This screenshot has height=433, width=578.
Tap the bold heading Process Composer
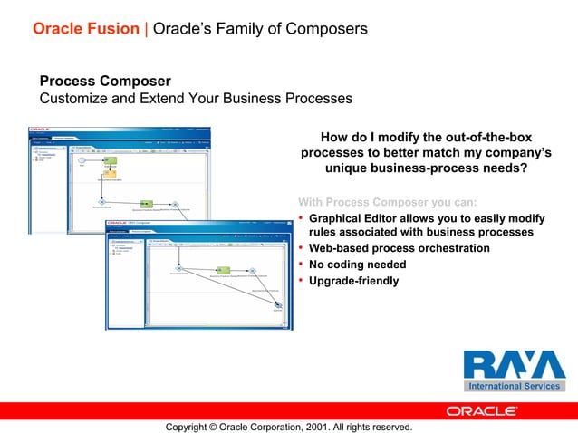[x=105, y=81]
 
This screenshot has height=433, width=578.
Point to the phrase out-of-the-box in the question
[x=486, y=136]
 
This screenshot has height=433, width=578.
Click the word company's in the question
[x=511, y=152]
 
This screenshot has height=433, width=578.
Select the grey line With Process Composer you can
[x=387, y=201]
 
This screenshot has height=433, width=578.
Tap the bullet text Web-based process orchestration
[x=399, y=248]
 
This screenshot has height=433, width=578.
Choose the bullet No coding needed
[x=357, y=265]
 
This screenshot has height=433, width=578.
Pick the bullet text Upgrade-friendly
[x=353, y=281]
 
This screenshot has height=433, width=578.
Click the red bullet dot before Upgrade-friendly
[x=301, y=281]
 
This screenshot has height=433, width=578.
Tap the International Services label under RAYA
[x=514, y=386]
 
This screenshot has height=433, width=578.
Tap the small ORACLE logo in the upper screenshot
[x=42, y=130]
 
